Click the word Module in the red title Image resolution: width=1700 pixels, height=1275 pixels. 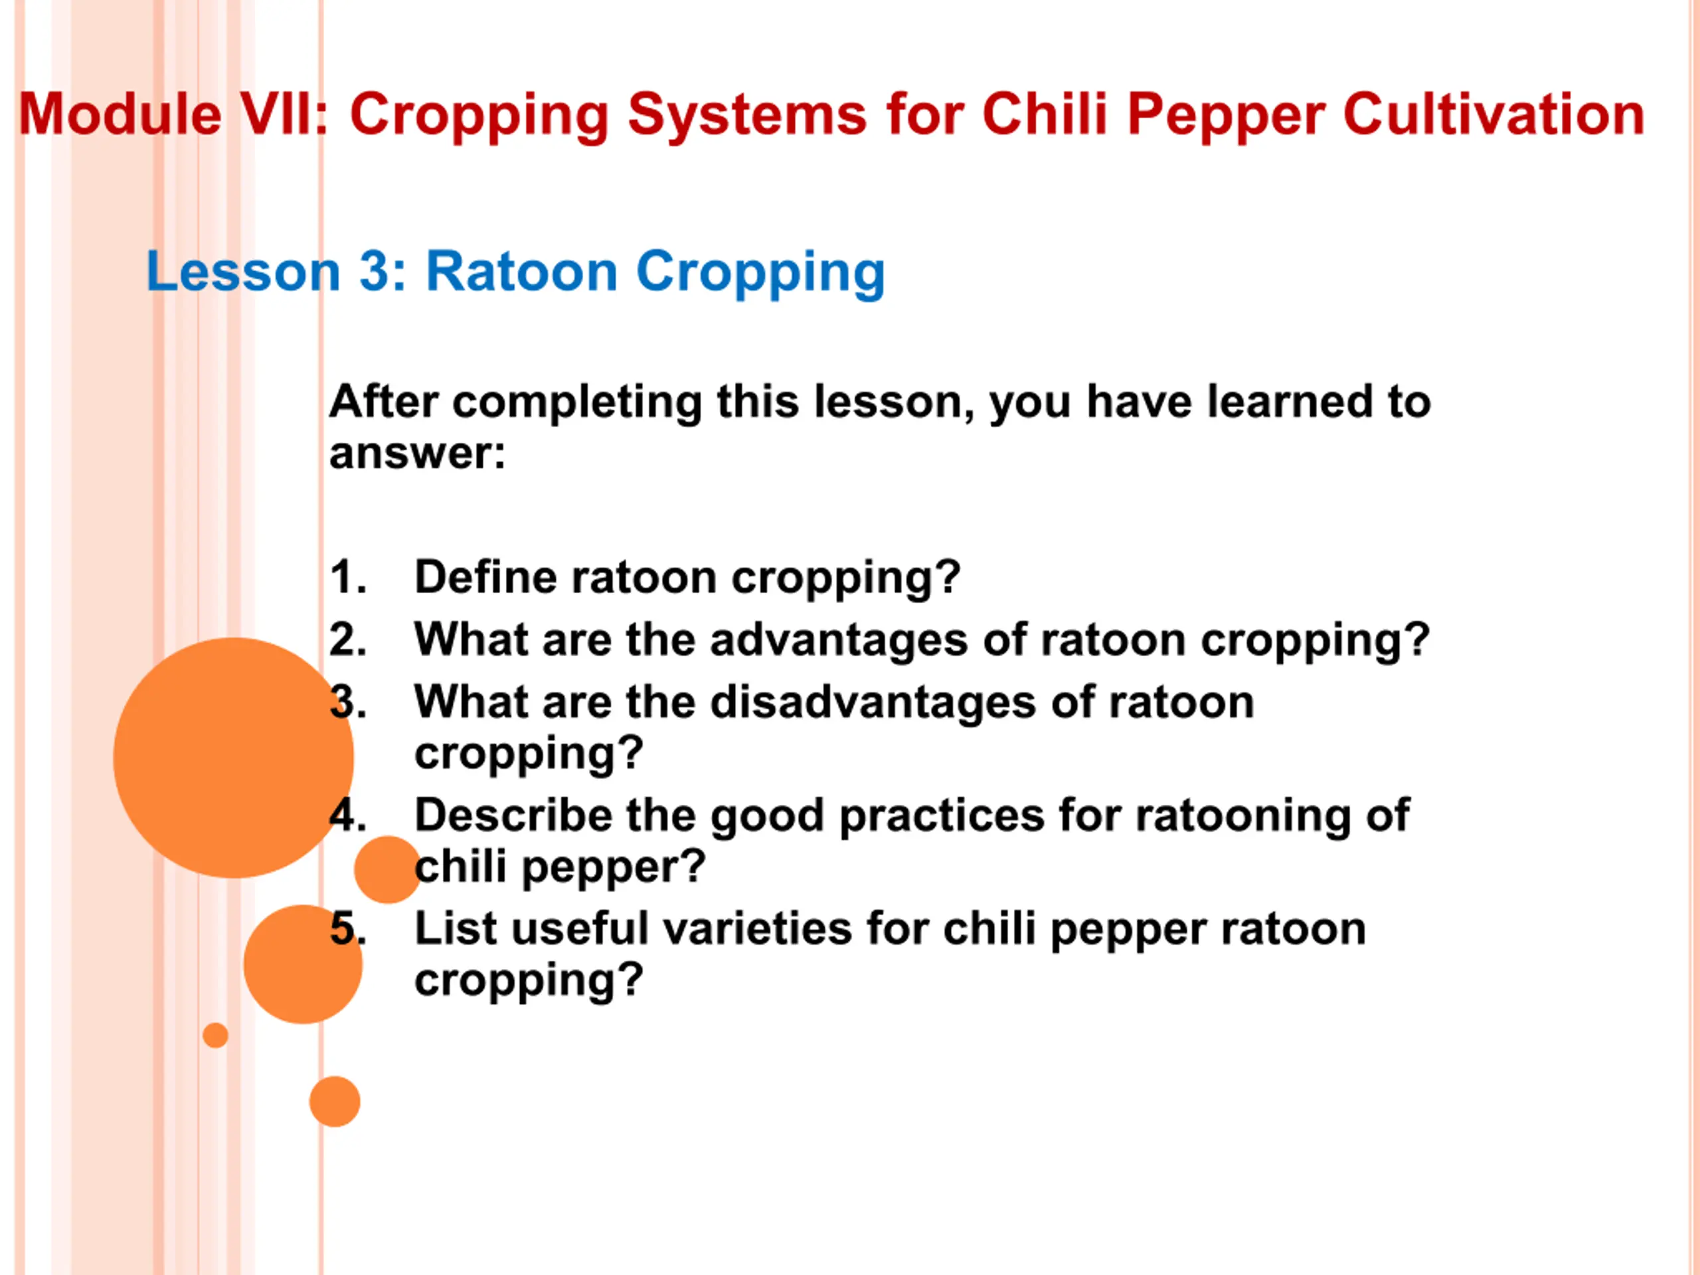tap(121, 114)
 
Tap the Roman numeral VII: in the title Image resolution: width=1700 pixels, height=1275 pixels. tap(284, 114)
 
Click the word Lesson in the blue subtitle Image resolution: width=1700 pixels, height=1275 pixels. tap(243, 272)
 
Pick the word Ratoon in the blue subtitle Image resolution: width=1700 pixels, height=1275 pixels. tap(522, 272)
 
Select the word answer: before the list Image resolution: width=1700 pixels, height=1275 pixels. tap(417, 454)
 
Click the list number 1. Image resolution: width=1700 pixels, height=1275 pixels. tap(348, 576)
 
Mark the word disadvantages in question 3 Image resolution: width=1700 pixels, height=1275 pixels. tap(873, 703)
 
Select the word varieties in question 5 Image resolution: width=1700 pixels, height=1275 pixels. tap(758, 928)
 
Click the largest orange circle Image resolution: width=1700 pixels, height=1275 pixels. tap(234, 758)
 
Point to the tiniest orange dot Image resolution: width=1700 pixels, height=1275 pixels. tap(215, 1035)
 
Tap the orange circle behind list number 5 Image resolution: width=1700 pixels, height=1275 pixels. tap(303, 964)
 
